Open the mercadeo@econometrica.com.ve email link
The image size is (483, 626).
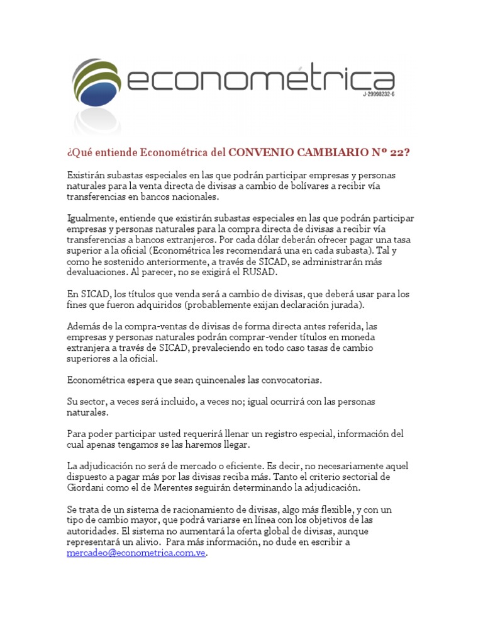coord(136,554)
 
